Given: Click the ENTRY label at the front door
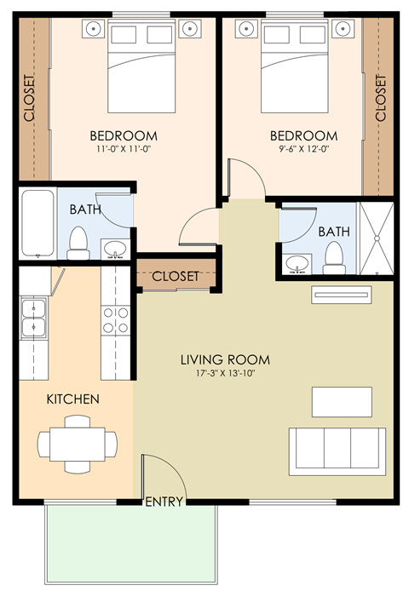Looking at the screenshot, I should (164, 502).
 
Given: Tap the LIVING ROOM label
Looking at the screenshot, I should (218, 357).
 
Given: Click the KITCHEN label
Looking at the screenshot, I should (72, 399).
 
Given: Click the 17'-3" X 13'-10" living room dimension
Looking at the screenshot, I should (218, 372).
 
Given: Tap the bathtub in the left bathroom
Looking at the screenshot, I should (37, 223).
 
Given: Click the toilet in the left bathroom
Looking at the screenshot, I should (79, 242).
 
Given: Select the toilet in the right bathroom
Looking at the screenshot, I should (334, 256).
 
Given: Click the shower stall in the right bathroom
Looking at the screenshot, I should (375, 238).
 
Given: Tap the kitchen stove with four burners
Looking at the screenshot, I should (116, 321).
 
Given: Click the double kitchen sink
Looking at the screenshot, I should (34, 317).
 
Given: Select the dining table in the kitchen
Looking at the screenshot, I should (78, 443).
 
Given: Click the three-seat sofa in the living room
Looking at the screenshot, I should (336, 451).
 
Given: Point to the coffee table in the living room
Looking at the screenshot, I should (342, 399).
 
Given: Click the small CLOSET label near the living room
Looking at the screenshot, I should (176, 277).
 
